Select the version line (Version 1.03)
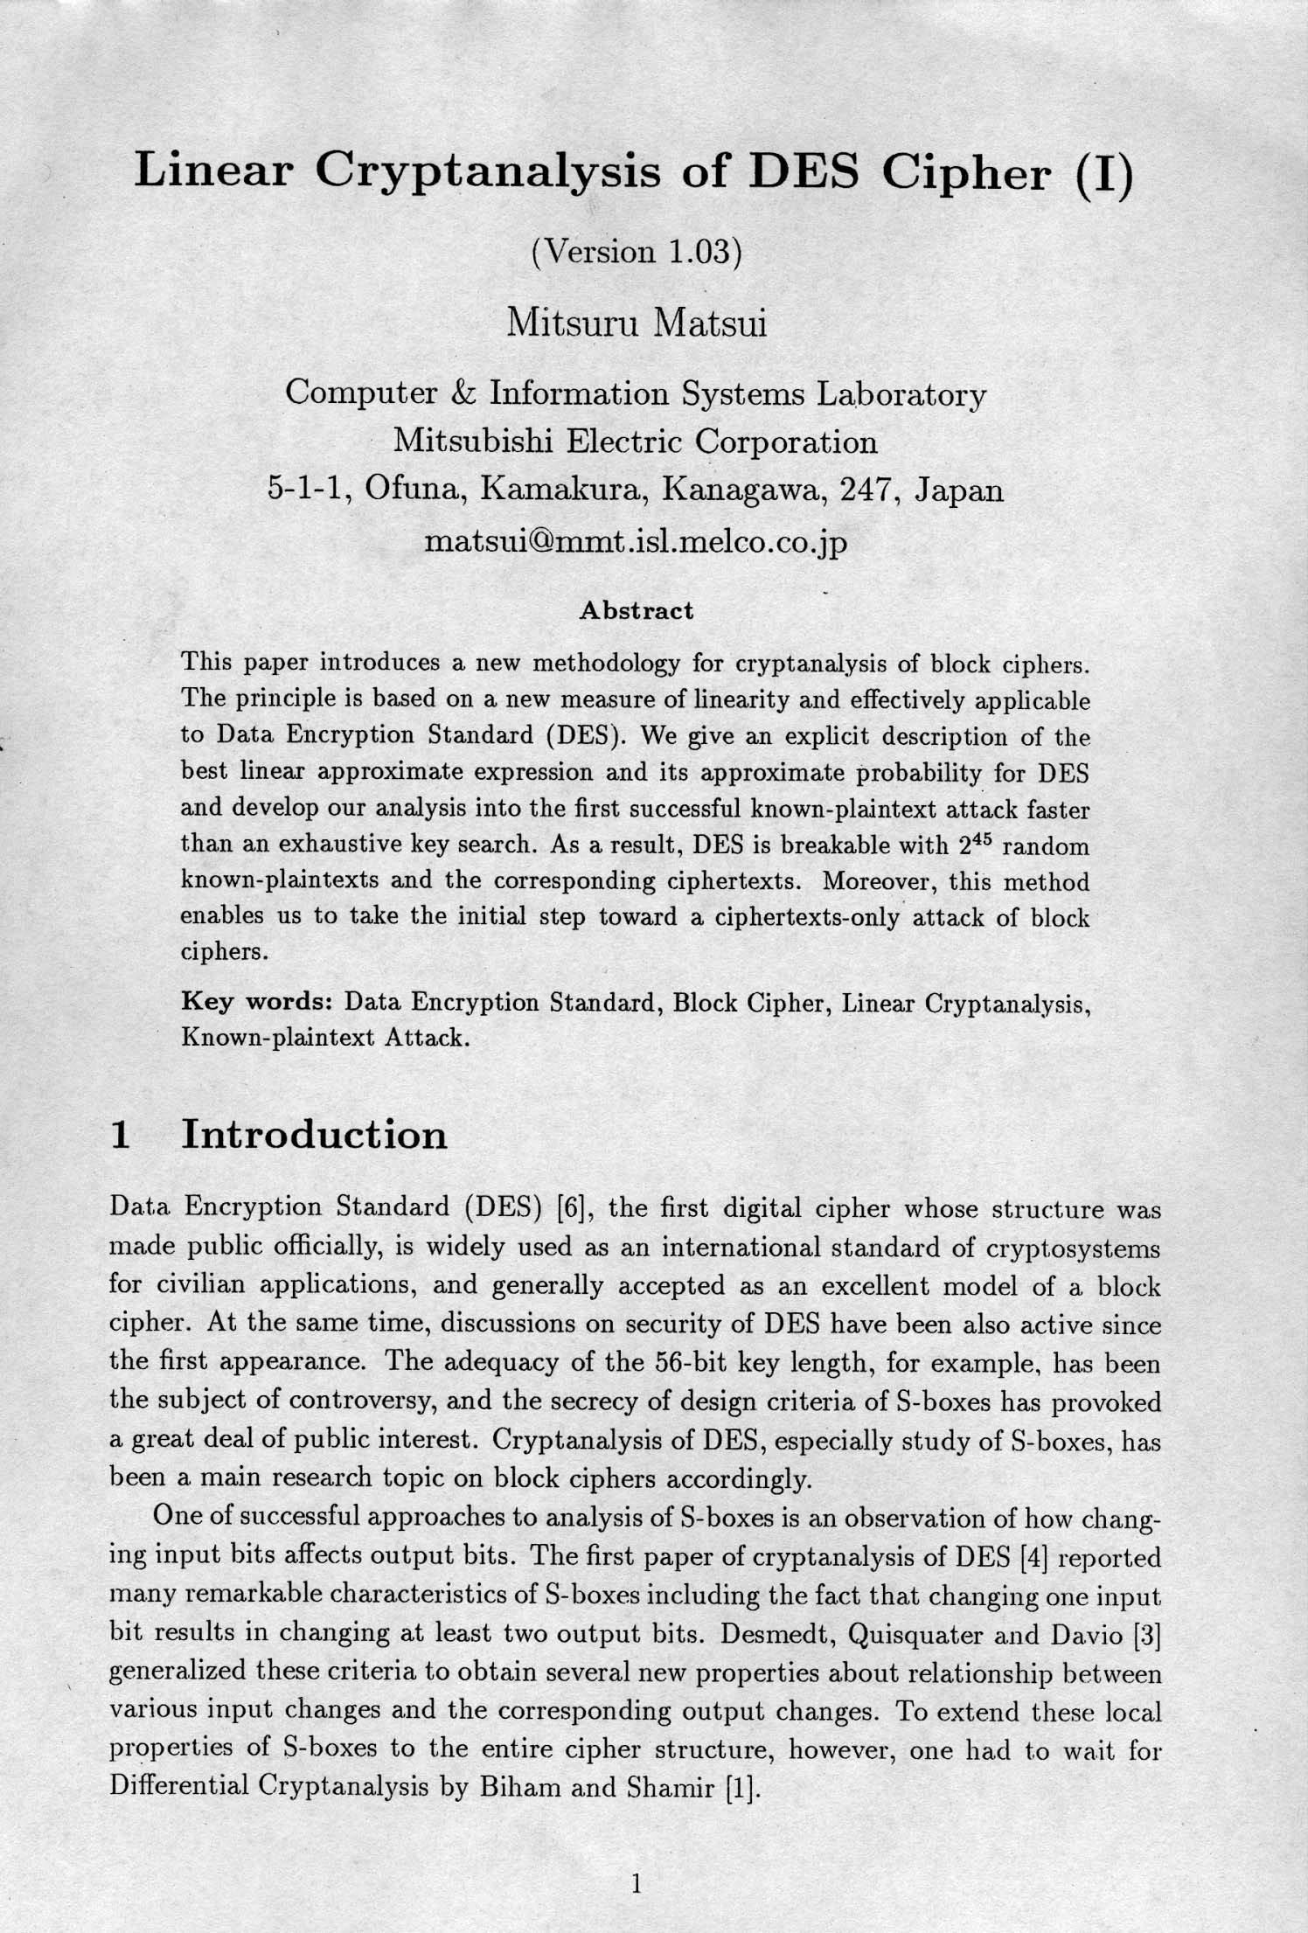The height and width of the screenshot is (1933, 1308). (x=637, y=251)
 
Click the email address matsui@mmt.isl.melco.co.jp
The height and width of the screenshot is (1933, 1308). (x=636, y=543)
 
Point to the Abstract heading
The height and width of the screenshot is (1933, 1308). (x=637, y=610)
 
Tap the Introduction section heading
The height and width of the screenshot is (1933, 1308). (x=314, y=1135)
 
